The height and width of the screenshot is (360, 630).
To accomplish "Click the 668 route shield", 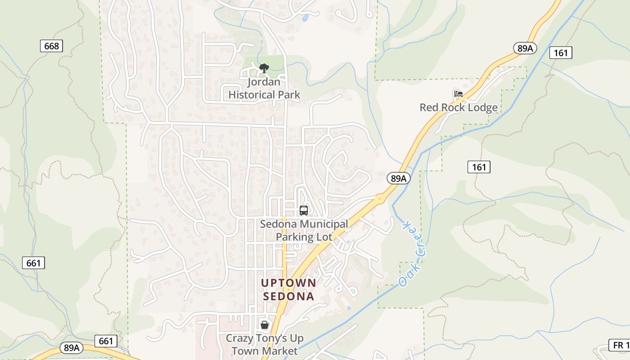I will coord(51,46).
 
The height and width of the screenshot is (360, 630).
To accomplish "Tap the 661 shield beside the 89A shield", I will coord(106,341).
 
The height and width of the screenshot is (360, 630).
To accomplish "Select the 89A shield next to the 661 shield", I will coord(72,348).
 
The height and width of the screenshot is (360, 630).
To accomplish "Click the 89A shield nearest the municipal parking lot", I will coord(398,178).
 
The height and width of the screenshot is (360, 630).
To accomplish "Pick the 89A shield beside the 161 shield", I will coord(525,48).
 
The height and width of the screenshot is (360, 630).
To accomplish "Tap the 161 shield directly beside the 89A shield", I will coord(561,53).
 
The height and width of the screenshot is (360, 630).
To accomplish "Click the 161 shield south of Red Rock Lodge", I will coord(479,167).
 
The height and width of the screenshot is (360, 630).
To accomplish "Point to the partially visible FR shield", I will coord(620,345).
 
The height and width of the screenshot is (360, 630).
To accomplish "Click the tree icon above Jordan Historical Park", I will coord(264,68).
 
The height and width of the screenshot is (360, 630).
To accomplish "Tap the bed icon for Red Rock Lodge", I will coord(458,94).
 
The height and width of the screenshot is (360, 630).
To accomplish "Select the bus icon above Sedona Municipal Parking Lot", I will coord(304,210).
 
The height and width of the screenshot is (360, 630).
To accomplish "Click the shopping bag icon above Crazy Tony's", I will coord(265,324).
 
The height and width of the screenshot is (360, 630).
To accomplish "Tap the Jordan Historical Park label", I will coord(264,88).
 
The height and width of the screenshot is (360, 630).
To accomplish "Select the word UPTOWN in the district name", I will coord(289,283).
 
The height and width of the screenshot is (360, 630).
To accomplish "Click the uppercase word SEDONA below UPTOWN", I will coord(289,297).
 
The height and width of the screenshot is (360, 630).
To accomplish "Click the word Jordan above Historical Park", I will coord(264,82).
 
